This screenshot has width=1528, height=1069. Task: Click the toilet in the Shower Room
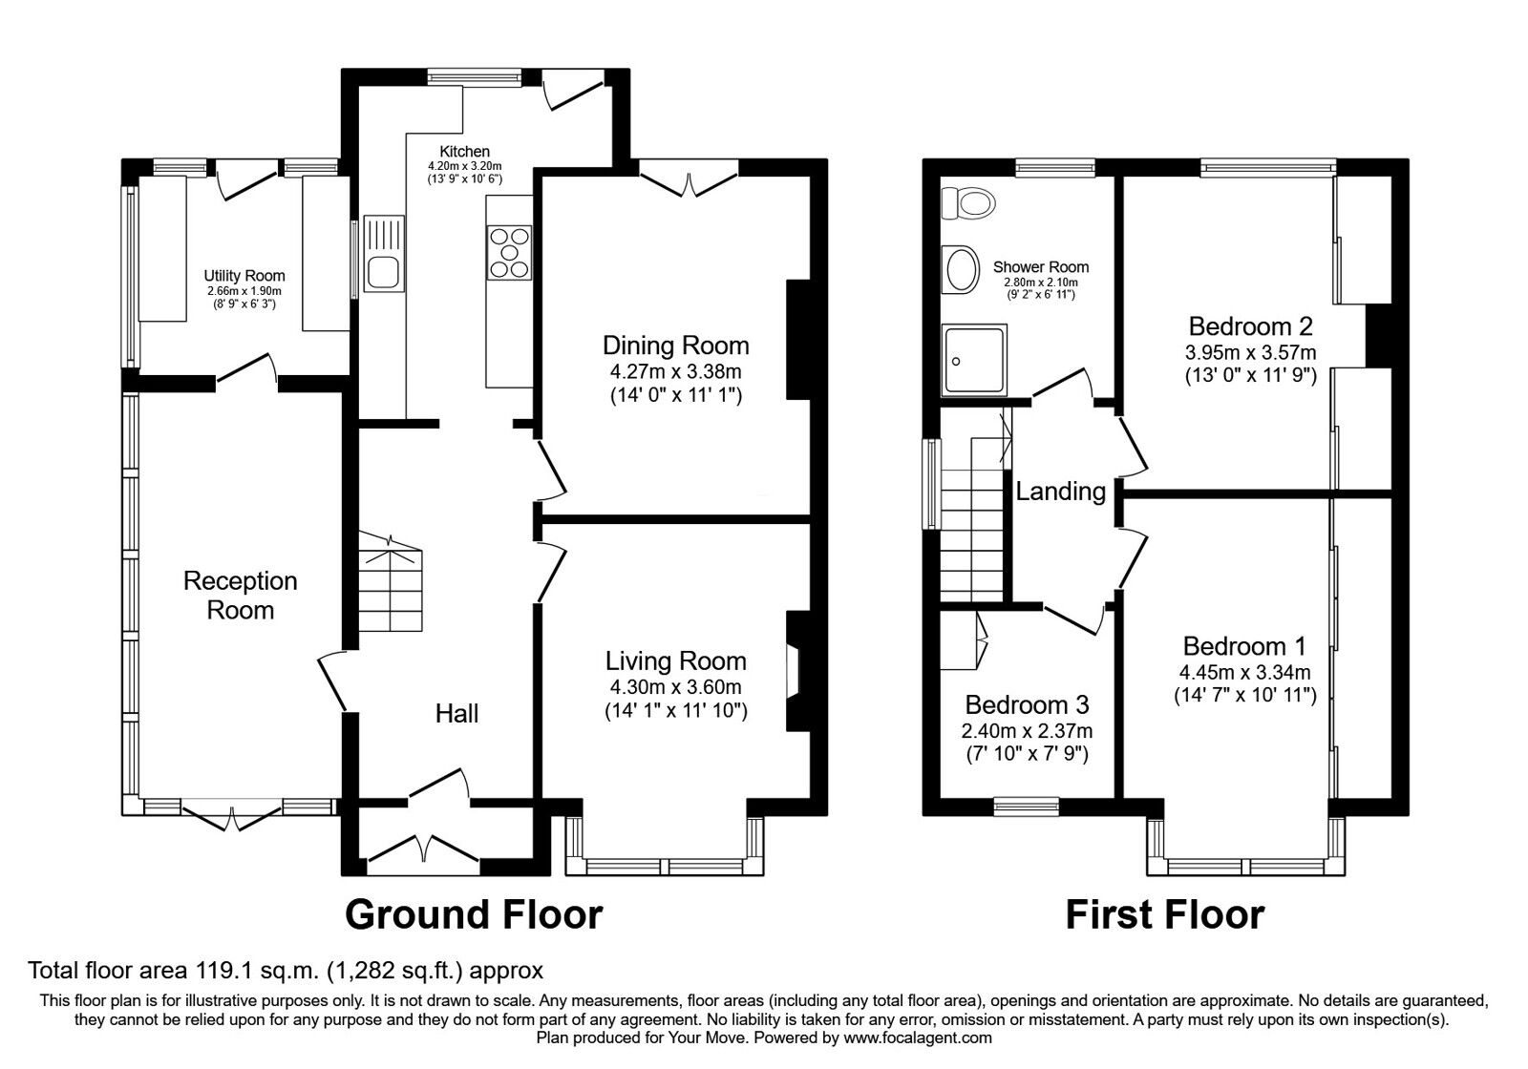[967, 203]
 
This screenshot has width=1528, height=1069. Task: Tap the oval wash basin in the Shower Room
[959, 269]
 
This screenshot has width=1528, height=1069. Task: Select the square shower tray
[974, 360]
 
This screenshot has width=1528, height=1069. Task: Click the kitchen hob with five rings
[509, 252]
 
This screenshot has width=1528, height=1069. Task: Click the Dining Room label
[676, 346]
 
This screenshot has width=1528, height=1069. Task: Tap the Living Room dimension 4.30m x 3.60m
[676, 686]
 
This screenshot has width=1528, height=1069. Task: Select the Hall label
[457, 713]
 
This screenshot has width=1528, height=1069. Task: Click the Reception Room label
[240, 596]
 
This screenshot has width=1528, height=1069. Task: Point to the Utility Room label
[244, 276]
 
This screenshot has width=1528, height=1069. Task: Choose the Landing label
[1061, 491]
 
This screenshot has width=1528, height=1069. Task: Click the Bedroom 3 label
[1028, 703]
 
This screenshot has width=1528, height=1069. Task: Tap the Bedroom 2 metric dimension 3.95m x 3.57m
[1250, 352]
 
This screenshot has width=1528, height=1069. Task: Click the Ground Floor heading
[474, 914]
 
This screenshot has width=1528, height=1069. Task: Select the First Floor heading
[1165, 914]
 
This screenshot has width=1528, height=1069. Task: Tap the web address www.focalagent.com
[918, 1038]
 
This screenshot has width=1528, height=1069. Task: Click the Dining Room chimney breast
[798, 339]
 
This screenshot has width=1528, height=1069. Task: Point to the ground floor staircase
[391, 582]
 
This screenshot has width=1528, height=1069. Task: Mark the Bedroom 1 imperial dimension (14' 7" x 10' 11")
[1245, 695]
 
